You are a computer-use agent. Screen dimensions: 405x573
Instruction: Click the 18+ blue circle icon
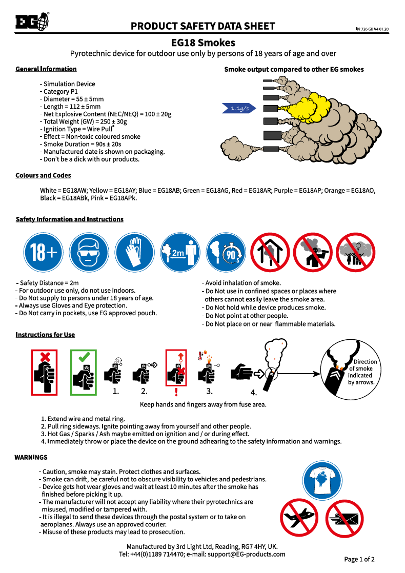pos(43,252)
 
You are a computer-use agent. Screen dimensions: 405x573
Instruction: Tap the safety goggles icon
pos(89,252)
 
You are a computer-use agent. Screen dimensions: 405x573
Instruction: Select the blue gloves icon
pos(134,252)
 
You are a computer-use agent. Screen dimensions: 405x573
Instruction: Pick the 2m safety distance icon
pos(180,252)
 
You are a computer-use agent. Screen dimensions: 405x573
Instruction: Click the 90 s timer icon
pos(226,252)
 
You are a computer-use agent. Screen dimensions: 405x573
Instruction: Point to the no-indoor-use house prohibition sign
pos(270,252)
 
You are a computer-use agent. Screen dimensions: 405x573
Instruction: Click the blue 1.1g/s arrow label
pos(239,108)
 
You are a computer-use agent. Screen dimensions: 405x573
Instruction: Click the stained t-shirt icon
pos(322,481)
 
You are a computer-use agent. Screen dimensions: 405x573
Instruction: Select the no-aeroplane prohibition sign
pos(299,518)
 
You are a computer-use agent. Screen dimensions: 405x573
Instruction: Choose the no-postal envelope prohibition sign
pos(345,519)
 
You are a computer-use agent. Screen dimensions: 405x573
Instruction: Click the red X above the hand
pos(45,357)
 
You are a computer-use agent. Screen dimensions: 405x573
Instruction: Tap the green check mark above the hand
pos(84,356)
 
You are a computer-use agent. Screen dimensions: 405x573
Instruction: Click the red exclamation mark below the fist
pos(176,392)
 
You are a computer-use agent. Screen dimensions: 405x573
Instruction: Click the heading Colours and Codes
pos(43,175)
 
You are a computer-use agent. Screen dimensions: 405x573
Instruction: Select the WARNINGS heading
pos(31,457)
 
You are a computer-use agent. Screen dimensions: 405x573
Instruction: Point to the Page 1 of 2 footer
pos(359,559)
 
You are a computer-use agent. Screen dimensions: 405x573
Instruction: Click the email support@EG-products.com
pos(247,554)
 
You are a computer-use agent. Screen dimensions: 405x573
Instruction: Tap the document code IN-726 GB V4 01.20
pos(372,29)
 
